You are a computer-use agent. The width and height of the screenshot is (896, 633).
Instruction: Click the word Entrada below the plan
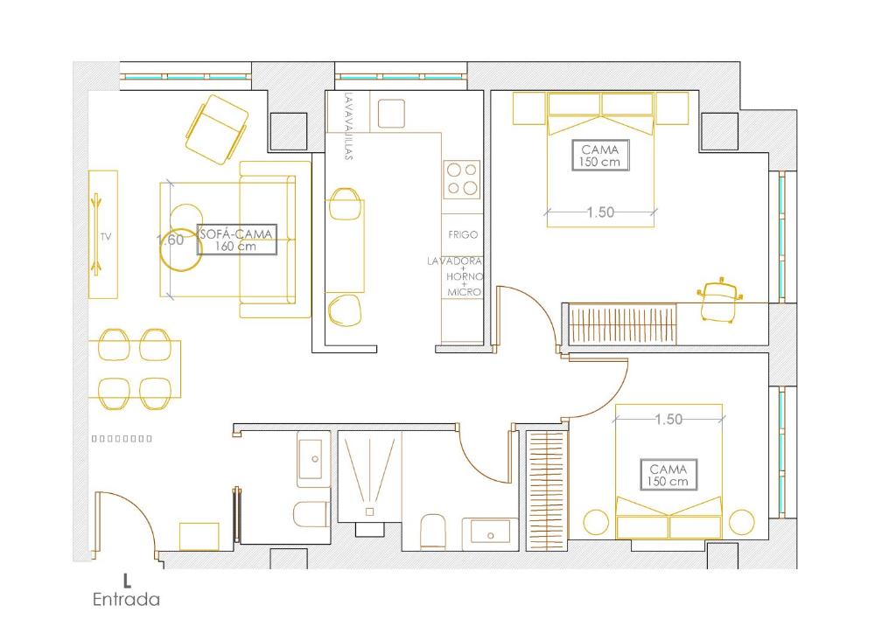click(x=126, y=599)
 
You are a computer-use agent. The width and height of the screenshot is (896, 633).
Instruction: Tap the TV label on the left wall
click(x=106, y=236)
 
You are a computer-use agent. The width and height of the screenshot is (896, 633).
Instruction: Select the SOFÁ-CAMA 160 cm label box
click(x=236, y=240)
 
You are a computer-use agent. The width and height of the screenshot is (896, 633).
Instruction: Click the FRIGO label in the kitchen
click(x=463, y=234)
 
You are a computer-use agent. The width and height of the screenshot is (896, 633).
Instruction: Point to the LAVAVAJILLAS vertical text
click(x=348, y=127)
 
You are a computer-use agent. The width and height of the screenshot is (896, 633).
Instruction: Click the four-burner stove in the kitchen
click(x=462, y=179)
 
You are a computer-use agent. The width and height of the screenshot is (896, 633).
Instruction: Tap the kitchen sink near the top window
click(x=391, y=113)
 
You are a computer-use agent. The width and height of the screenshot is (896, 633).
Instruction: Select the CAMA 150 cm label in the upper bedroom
click(x=600, y=156)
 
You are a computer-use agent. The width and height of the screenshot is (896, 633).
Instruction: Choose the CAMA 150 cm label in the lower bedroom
click(x=668, y=475)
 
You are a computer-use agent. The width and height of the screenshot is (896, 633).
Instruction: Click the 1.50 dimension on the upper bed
click(x=600, y=212)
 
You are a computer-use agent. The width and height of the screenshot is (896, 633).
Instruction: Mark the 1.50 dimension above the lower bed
click(x=668, y=420)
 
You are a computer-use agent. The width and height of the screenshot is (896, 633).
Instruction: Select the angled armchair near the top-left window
click(x=217, y=129)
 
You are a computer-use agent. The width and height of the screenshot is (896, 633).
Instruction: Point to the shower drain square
click(x=370, y=511)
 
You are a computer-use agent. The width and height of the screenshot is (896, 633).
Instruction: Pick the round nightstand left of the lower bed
click(x=596, y=522)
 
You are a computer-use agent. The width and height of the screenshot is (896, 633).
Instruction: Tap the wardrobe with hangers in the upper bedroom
click(x=623, y=324)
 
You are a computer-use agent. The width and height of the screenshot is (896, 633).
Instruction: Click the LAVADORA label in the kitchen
click(x=455, y=261)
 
